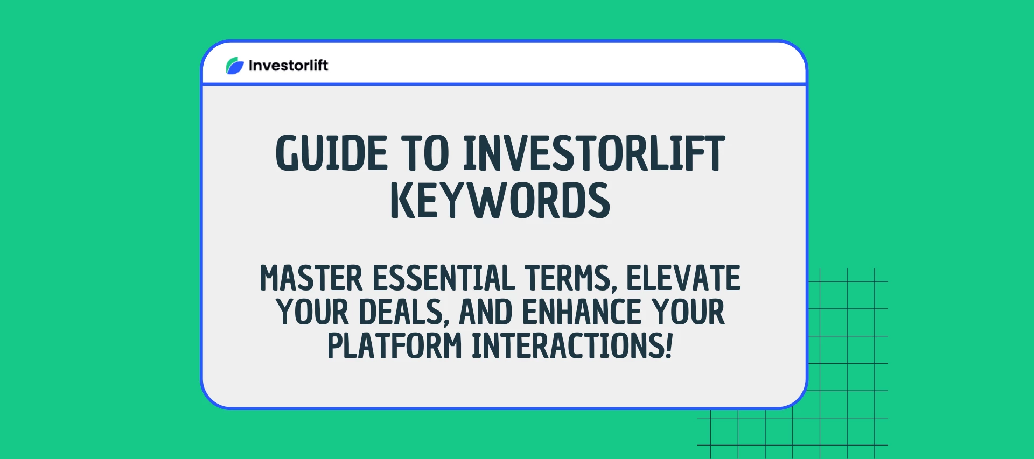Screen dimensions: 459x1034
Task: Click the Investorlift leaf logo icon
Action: click(235, 66)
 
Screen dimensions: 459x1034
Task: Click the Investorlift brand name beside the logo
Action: click(288, 66)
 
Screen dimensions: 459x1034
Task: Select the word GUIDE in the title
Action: click(331, 154)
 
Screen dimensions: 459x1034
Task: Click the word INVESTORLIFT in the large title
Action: click(594, 154)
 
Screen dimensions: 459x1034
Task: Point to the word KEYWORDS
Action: click(500, 201)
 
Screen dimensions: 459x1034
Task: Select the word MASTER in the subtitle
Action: click(311, 279)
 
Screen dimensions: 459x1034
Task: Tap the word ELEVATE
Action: click(683, 279)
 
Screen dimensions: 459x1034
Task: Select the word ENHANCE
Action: click(582, 313)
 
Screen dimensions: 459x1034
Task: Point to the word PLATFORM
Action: click(394, 346)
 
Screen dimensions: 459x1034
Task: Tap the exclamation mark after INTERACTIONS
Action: click(669, 346)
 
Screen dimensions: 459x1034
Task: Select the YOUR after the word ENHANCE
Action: click(688, 313)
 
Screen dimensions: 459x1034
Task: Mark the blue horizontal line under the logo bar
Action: click(504, 84)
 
